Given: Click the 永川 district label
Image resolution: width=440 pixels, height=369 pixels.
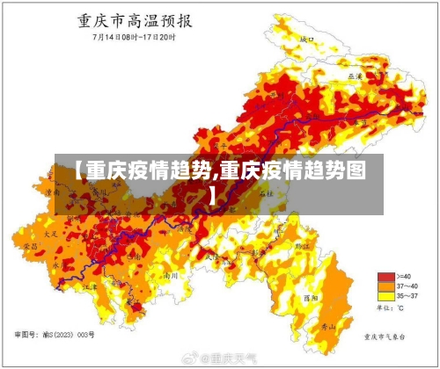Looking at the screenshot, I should click(x=58, y=264).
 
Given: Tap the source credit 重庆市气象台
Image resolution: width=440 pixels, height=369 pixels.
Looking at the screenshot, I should click(x=387, y=336).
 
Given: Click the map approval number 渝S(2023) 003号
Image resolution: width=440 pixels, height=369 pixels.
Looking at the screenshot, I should click(x=57, y=335).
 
